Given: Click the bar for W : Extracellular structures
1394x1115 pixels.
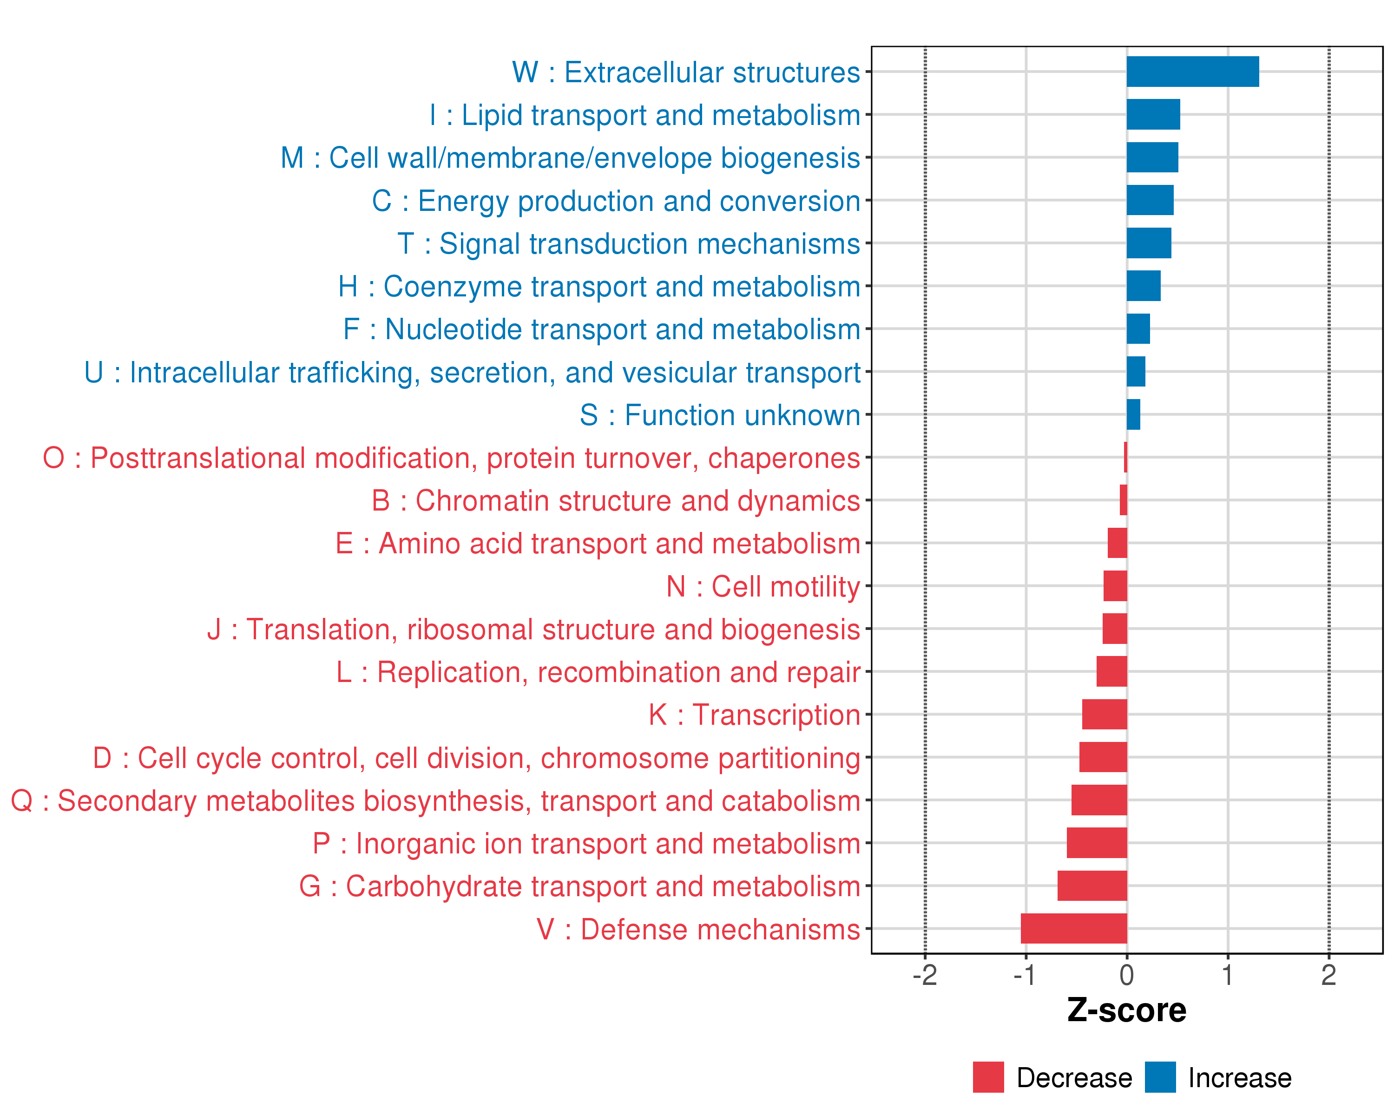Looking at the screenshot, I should point(1192,72).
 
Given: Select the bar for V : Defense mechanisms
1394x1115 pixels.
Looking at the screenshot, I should point(1074,928).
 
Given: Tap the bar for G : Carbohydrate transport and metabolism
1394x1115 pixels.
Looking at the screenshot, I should point(1092,885).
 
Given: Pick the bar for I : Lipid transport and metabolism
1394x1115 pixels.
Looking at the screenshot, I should point(1153,114).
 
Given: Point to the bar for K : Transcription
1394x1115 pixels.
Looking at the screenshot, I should point(1105,714).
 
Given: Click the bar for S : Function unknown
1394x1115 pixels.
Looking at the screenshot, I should point(1133,414).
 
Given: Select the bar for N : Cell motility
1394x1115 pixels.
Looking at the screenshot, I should point(1115,586).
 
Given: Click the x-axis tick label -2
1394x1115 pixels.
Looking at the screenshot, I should point(925,975).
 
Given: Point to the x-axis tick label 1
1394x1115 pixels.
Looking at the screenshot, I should point(1227,975).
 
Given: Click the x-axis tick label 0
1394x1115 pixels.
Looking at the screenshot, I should point(1126,975).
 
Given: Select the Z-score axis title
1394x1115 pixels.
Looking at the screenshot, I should point(1126,1010).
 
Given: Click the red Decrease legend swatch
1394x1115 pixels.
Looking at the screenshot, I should point(988,1077).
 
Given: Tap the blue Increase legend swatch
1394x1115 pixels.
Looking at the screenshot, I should point(1160,1077).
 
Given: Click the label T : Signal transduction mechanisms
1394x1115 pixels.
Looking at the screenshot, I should point(629,244).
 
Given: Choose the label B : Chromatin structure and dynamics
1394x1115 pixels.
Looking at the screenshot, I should point(616,501).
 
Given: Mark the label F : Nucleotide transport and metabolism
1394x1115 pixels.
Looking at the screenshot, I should point(601,329).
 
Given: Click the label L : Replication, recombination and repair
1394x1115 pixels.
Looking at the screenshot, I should point(598,672).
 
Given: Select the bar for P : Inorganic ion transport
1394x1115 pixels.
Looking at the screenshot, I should point(1097,843).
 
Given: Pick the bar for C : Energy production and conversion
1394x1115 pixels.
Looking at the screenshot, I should point(1150,200).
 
